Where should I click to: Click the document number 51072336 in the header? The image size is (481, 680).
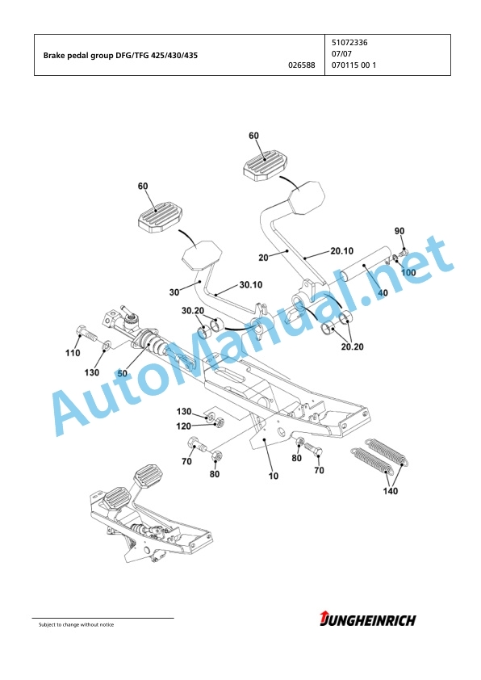(x=349, y=43)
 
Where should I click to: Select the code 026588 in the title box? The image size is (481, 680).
(x=302, y=65)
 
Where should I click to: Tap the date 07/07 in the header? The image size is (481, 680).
(x=341, y=54)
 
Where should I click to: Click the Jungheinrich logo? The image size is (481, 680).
(x=367, y=619)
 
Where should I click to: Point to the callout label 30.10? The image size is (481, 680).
(x=251, y=285)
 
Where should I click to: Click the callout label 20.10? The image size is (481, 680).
(x=342, y=250)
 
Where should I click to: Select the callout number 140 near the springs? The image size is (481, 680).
(x=390, y=491)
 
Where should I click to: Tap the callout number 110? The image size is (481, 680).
(x=73, y=353)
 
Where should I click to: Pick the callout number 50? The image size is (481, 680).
(x=122, y=373)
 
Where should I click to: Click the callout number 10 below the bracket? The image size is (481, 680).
(x=274, y=476)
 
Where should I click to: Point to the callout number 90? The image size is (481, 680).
(x=399, y=231)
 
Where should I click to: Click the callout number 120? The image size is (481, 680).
(x=183, y=426)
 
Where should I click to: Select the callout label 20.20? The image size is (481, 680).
(x=353, y=346)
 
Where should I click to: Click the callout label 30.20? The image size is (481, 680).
(x=193, y=311)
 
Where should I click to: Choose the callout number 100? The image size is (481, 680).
(x=408, y=272)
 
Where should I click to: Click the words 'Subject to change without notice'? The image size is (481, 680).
(x=77, y=624)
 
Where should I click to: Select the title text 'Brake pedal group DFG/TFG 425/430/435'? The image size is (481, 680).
(x=120, y=56)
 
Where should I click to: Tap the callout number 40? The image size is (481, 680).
(x=383, y=292)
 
